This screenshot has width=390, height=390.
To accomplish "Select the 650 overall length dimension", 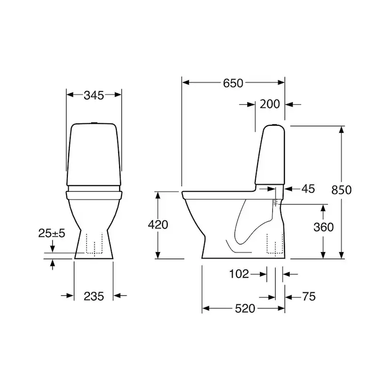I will pyautogui.click(x=233, y=83).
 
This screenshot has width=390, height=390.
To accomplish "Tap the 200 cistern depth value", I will pyautogui.click(x=269, y=104).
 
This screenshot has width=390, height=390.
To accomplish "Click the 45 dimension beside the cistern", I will pyautogui.click(x=308, y=189).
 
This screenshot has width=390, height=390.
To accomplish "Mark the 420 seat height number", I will pyautogui.click(x=158, y=225).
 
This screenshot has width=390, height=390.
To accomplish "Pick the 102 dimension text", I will pyautogui.click(x=239, y=274).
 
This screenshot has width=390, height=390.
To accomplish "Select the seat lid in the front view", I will pyautogui.click(x=94, y=193).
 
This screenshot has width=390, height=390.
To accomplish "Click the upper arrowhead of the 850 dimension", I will pyautogui.click(x=341, y=130).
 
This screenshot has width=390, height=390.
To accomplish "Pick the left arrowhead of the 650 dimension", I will pyautogui.click(x=185, y=83).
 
